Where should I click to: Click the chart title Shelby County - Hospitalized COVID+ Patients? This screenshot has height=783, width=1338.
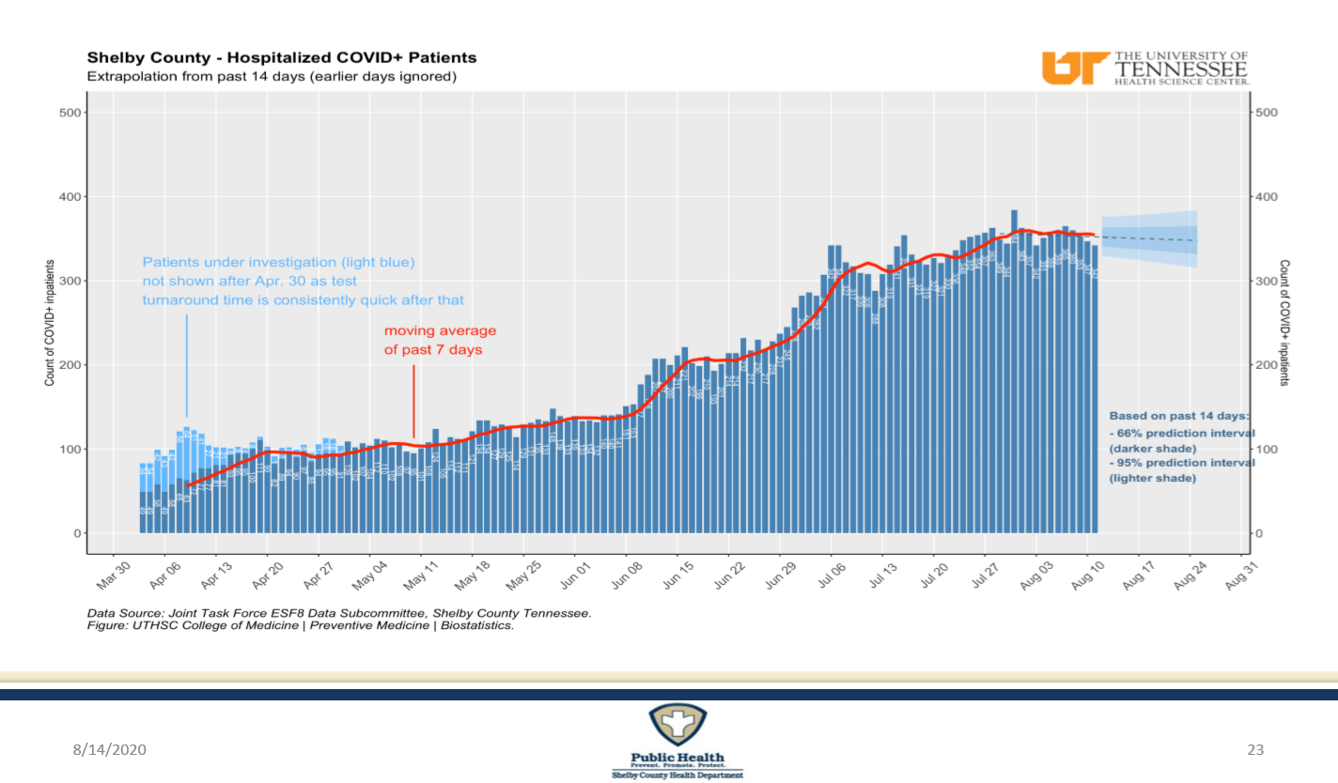[282, 58]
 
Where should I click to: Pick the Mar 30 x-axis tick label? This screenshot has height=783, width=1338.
[110, 575]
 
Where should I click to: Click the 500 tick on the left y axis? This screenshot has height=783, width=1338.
[71, 113]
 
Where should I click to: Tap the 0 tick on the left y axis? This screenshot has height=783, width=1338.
[80, 533]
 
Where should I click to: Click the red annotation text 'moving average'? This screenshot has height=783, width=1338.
[440, 330]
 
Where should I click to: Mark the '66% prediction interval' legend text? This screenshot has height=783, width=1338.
[1182, 433]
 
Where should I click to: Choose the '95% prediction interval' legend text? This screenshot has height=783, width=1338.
[1182, 463]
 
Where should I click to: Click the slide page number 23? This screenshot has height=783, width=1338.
[1255, 749]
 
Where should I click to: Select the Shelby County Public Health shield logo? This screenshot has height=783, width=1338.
[677, 729]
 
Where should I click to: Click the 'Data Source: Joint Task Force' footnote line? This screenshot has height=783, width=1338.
[339, 613]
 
